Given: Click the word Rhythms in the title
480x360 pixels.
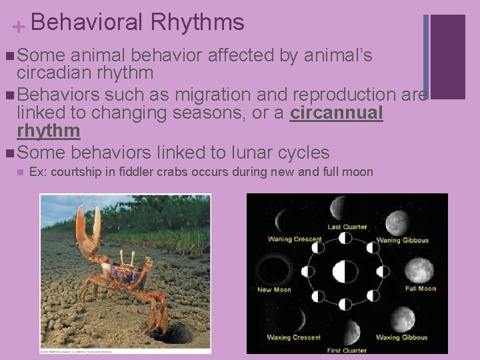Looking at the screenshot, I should [x=197, y=23].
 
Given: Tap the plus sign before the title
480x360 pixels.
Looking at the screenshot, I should [x=19, y=27].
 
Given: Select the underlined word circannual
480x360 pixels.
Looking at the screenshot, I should [x=337, y=113].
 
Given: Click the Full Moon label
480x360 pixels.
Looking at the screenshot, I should [x=420, y=289].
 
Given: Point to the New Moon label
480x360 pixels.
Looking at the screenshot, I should [x=274, y=289].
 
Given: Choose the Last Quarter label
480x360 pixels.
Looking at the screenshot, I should [x=347, y=227].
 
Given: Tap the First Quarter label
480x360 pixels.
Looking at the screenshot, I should [x=347, y=350].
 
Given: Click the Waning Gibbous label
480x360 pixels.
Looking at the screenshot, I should [x=402, y=240].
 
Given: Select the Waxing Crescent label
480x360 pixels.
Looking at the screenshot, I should [x=293, y=337].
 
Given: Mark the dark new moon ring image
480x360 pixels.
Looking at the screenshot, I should [x=274, y=270].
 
